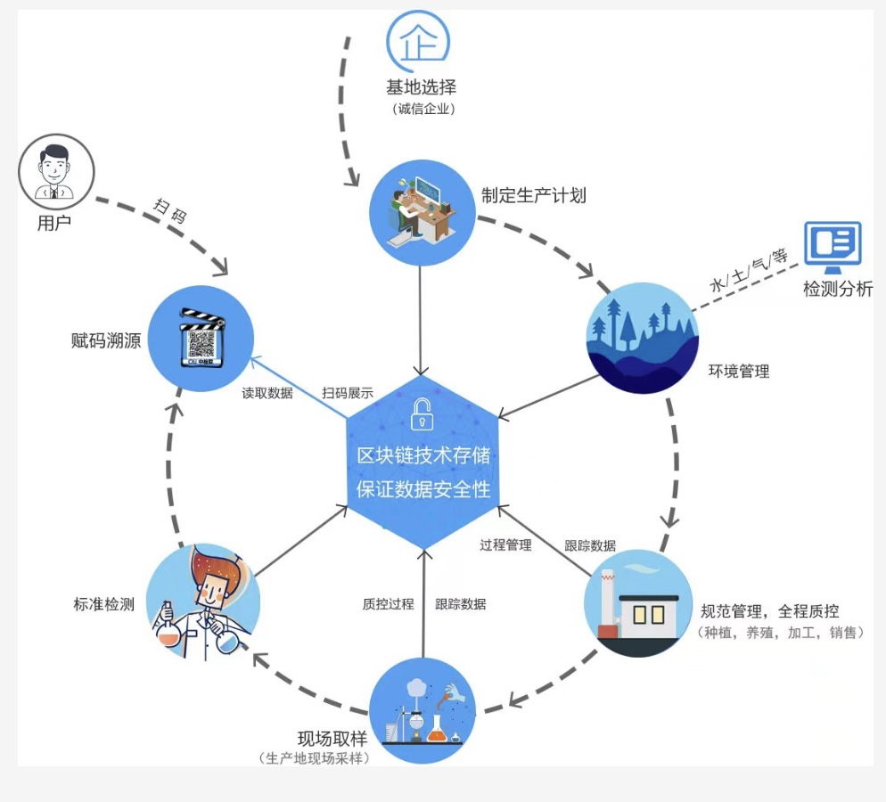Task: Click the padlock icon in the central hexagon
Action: (x=422, y=413)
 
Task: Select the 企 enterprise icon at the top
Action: (x=417, y=38)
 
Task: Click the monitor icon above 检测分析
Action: (x=833, y=246)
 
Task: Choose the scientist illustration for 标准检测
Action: (x=202, y=602)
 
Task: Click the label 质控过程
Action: (x=388, y=604)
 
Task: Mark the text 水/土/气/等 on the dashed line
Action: (x=750, y=270)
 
